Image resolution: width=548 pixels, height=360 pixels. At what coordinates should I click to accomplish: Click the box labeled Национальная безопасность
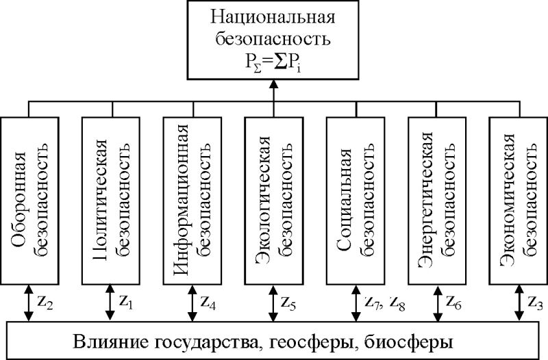(273, 39)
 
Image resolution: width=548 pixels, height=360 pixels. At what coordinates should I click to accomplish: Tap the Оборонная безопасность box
(29, 199)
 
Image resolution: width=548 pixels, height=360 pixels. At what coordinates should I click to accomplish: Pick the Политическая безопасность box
(110, 199)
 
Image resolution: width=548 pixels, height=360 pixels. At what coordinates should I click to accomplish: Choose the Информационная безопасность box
(191, 199)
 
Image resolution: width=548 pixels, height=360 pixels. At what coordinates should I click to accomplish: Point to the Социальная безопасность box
(354, 199)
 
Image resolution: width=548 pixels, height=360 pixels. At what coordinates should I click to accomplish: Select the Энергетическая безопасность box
(436, 199)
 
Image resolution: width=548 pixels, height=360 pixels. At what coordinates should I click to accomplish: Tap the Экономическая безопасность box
(517, 199)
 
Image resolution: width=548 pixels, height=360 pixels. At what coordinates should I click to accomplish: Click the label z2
(45, 301)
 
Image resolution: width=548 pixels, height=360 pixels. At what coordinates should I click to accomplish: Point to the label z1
(126, 301)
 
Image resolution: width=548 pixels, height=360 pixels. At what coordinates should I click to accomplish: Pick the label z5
(289, 301)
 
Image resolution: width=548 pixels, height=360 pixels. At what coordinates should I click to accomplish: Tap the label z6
(452, 301)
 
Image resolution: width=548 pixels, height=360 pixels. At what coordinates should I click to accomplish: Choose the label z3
(534, 301)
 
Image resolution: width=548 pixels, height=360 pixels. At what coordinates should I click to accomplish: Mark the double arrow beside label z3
(517, 302)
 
